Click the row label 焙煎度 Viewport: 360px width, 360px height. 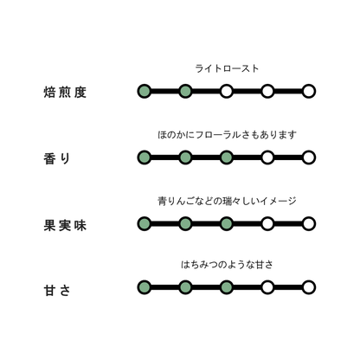[x=65, y=93]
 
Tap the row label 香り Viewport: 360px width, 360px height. [x=57, y=158]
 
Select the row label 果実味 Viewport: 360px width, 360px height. [x=65, y=225]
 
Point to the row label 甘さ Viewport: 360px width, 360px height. [x=57, y=290]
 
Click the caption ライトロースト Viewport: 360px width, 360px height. [x=227, y=68]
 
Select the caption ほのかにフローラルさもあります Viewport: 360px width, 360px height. [x=227, y=135]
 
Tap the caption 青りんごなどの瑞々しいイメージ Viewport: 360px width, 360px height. [x=227, y=201]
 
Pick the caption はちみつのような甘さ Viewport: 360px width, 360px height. [x=227, y=264]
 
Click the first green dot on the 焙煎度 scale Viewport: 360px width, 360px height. [x=145, y=92]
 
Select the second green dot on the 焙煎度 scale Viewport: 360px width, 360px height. [x=185, y=92]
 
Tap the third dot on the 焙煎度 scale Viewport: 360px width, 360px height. [x=227, y=92]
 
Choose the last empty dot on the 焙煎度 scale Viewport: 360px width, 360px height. [x=309, y=92]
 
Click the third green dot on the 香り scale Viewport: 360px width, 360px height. [x=227, y=157]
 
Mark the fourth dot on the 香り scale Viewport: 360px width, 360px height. [x=267, y=157]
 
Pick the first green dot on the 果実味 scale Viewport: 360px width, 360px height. [x=145, y=224]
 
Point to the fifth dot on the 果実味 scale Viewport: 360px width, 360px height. [x=309, y=224]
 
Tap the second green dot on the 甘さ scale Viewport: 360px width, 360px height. [x=185, y=287]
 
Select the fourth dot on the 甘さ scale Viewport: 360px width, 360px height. [x=267, y=287]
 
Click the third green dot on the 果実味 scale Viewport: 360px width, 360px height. [x=227, y=224]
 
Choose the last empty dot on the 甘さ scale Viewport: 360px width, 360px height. [x=309, y=287]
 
